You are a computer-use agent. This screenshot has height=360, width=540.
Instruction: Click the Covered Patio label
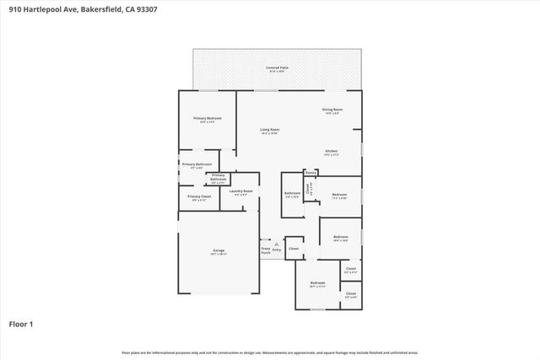pyautogui.click(x=273, y=67)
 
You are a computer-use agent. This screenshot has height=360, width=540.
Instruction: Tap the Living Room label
pyautogui.click(x=269, y=130)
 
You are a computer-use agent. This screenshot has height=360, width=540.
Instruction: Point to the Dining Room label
pyautogui.click(x=332, y=110)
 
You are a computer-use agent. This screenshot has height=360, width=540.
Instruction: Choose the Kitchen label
pyautogui.click(x=332, y=152)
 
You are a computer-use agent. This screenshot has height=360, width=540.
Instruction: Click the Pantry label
pyautogui.click(x=310, y=173)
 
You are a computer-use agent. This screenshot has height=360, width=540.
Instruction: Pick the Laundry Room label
pyautogui.click(x=241, y=191)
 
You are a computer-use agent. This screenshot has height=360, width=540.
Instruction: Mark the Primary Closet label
pyautogui.click(x=200, y=196)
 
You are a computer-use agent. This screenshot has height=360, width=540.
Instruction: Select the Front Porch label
pyautogui.click(x=266, y=250)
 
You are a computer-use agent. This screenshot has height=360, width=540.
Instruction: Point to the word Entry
pyautogui.click(x=277, y=250)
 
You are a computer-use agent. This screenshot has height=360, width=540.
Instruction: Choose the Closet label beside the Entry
pyautogui.click(x=294, y=249)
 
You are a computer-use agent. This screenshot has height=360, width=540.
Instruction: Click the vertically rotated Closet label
pyautogui.click(x=309, y=191)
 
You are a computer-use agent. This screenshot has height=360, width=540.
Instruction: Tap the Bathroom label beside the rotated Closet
pyautogui.click(x=292, y=194)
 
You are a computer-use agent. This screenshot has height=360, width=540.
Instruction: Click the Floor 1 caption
pyautogui.click(x=20, y=322)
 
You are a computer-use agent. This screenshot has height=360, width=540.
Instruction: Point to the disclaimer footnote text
pyautogui.click(x=269, y=352)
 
